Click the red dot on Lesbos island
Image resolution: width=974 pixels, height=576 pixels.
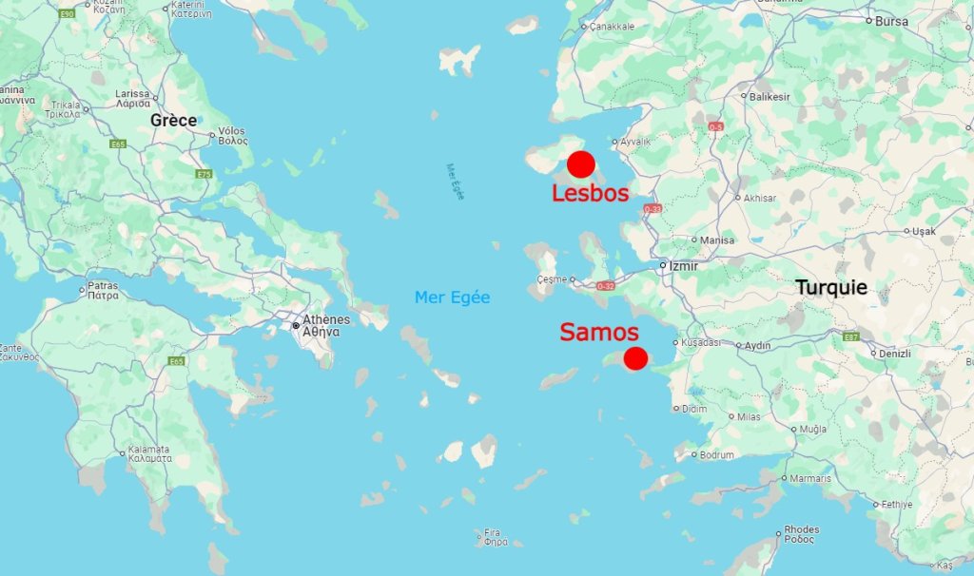tap(581, 164)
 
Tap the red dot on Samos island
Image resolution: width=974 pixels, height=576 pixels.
tap(635, 358)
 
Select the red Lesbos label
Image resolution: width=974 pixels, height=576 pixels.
tap(590, 193)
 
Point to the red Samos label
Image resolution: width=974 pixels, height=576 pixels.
tap(598, 332)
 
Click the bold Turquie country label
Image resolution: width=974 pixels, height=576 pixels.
tap(831, 287)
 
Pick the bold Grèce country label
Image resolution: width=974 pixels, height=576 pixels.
tap(173, 120)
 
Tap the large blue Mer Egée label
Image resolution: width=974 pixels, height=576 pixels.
tap(452, 298)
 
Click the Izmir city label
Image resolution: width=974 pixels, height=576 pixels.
tap(684, 266)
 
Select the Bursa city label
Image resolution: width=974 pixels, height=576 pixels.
tap(891, 21)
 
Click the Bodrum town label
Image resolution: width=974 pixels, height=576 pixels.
tap(717, 455)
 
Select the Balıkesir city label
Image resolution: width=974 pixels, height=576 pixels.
tap(771, 97)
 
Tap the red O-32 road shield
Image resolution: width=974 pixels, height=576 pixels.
tap(606, 285)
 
